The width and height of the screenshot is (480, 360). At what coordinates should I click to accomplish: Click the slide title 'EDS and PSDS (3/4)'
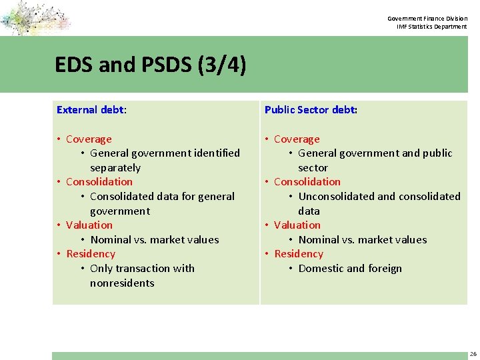coord(151,65)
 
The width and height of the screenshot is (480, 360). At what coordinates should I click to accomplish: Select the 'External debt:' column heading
coord(91,109)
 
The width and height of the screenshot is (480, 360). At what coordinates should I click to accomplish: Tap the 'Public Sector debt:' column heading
coord(311,109)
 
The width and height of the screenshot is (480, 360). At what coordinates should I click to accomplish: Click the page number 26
coord(473,354)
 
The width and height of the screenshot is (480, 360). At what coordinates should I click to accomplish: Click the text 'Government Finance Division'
coord(427,18)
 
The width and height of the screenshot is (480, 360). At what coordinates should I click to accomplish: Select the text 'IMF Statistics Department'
coord(431,27)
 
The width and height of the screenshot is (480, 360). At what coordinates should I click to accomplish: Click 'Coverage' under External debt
coord(89,139)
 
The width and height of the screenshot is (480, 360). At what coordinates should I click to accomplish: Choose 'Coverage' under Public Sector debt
coord(297,139)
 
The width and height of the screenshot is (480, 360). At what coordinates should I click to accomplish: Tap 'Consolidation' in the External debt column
coord(99,182)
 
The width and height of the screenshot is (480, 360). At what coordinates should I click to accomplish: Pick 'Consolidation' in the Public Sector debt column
coord(307,182)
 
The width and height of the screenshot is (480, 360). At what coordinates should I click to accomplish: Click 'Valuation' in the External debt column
coord(89,225)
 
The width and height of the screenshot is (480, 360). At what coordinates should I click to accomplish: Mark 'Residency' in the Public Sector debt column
coord(298,254)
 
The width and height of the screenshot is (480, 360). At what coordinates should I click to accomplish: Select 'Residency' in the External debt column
coord(91,254)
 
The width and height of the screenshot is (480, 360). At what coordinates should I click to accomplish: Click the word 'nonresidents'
coord(122,283)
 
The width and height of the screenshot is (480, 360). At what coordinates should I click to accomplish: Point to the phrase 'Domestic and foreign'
coord(350,269)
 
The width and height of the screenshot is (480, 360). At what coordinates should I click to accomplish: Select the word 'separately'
coord(115,168)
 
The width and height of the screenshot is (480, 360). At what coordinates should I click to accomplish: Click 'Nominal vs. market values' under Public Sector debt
coord(363,240)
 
